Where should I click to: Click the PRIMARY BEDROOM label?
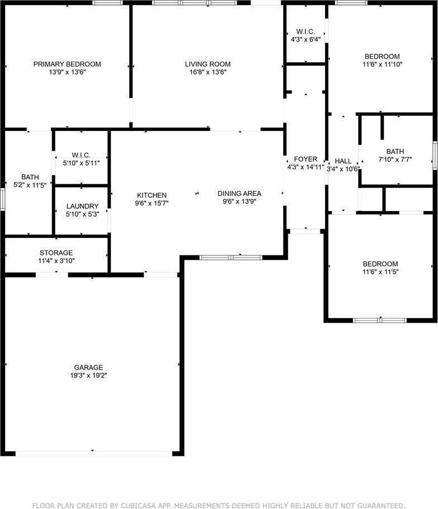click(x=67, y=64)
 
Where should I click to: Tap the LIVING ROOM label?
click(x=208, y=64)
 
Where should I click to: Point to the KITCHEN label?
click(x=152, y=195)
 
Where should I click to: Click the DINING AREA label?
click(x=239, y=193)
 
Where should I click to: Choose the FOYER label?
click(x=305, y=159)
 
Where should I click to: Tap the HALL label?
click(x=343, y=161)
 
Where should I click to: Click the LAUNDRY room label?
click(x=82, y=206)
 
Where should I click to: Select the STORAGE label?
click(x=56, y=253)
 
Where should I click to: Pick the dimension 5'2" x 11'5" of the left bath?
click(x=30, y=184)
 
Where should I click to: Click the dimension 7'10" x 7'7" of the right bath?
click(x=395, y=159)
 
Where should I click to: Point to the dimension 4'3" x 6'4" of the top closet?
click(x=306, y=40)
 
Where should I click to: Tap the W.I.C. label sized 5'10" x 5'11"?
click(x=81, y=155)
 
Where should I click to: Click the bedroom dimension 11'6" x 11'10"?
click(x=382, y=64)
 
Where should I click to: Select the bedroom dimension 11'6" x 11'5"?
click(x=380, y=272)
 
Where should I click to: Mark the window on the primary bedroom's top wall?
click(x=108, y=3)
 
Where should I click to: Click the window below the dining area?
click(x=231, y=257)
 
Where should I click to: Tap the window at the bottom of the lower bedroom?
click(x=380, y=320)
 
